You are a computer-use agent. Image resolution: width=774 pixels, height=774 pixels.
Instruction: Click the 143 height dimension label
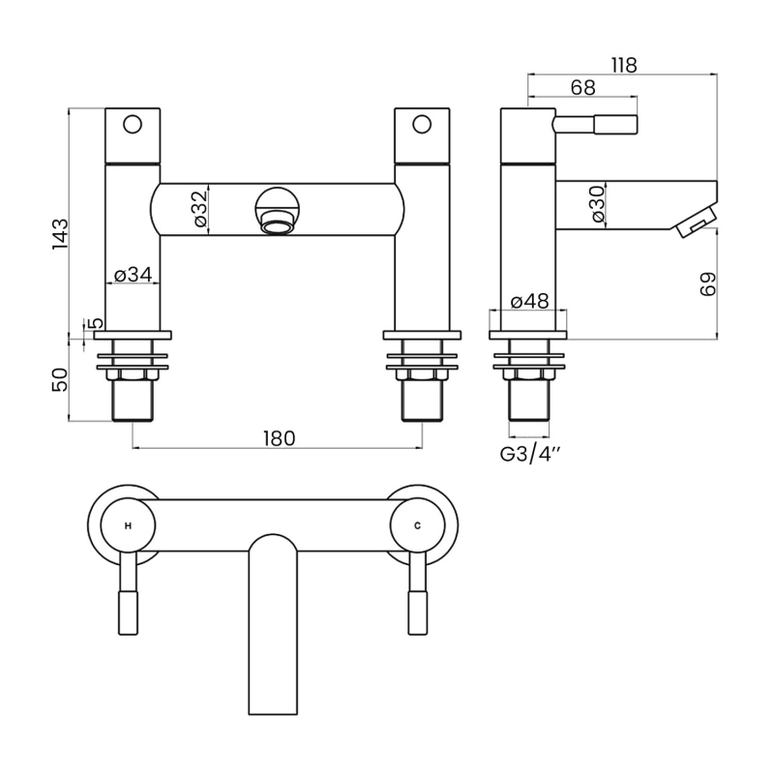tap(60, 235)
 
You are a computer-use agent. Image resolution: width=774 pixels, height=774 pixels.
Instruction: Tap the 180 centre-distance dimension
tap(278, 437)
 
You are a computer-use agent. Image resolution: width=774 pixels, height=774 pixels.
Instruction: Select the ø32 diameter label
tap(199, 208)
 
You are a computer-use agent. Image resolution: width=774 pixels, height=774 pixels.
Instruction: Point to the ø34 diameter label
tap(134, 275)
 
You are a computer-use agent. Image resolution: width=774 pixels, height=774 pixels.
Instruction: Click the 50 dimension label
tap(60, 378)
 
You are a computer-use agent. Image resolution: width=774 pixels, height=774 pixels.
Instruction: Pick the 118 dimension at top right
tap(624, 65)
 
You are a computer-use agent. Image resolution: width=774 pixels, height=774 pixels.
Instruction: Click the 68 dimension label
tap(582, 88)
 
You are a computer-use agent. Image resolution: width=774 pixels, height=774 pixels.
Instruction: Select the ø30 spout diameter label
tap(598, 203)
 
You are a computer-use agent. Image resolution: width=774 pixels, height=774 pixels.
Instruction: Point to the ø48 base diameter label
tap(529, 301)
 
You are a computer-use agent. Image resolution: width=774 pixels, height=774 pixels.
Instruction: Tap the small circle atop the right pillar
tap(421, 124)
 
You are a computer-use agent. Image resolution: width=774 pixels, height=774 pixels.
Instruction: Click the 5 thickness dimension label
tap(94, 323)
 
